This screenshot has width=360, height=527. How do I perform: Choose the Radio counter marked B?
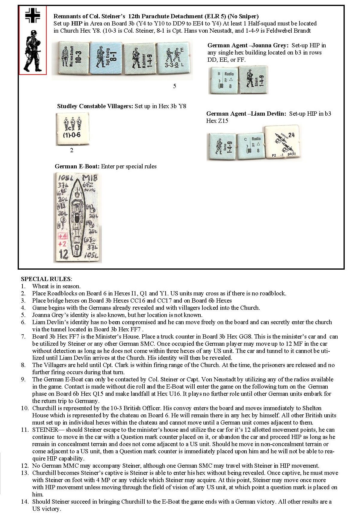point(223,80)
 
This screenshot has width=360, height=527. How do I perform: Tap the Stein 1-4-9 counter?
point(253,80)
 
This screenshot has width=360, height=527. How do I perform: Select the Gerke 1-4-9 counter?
point(221,147)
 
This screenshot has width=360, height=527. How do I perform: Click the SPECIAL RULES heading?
point(46,279)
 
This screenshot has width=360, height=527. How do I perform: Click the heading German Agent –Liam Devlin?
point(246,114)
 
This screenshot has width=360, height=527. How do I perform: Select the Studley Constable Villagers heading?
point(95,106)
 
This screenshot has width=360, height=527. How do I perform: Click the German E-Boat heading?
point(77,167)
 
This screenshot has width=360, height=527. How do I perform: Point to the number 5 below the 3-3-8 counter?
point(175,86)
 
